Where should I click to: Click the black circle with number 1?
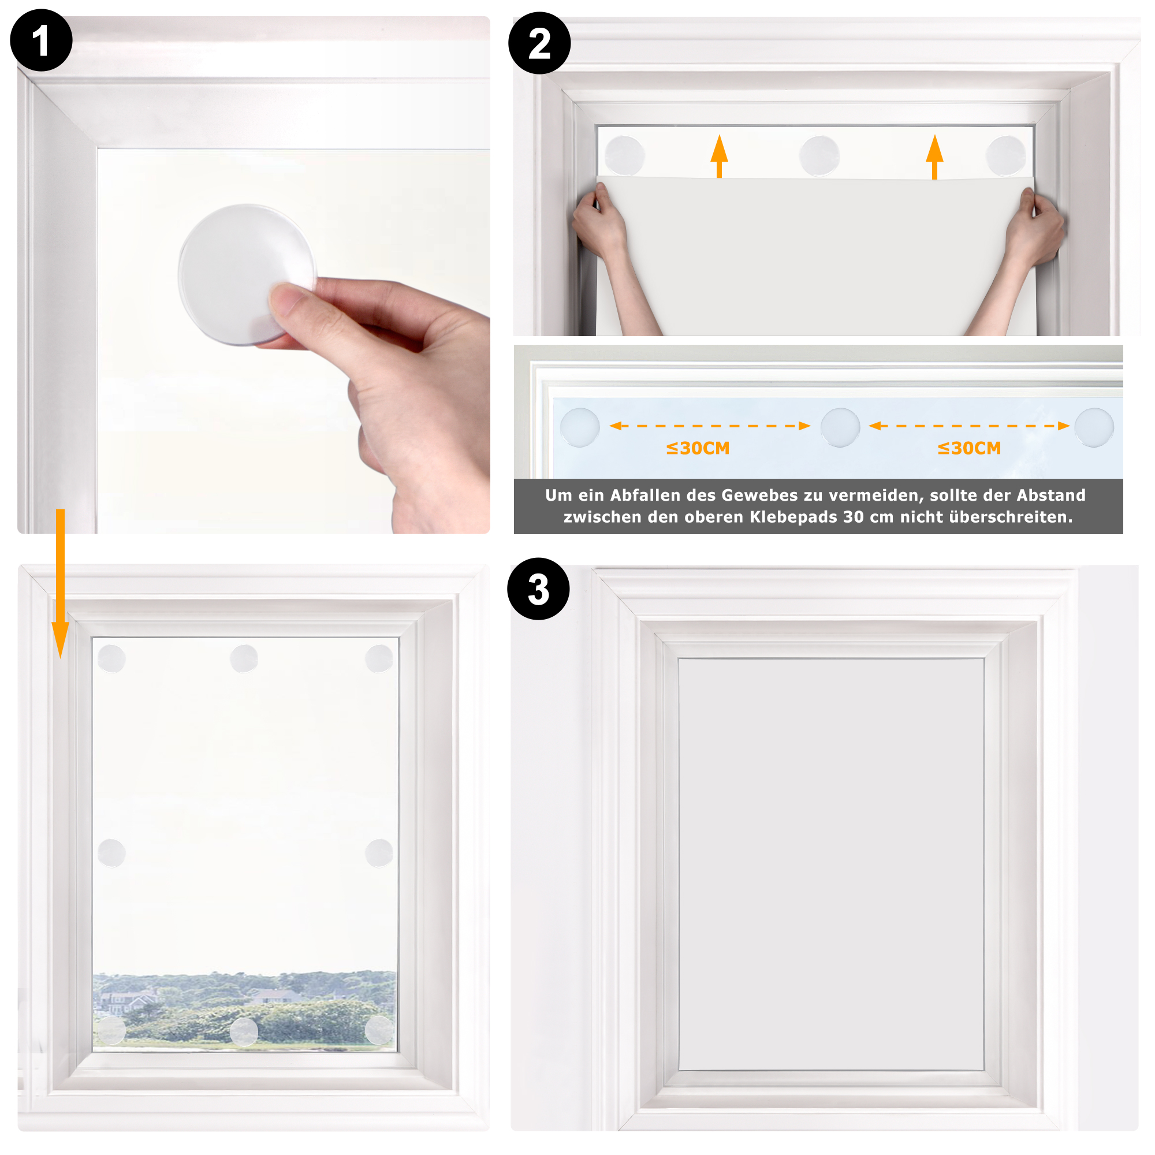[x=41, y=40]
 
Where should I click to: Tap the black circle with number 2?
[x=539, y=43]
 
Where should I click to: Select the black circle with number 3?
[x=538, y=589]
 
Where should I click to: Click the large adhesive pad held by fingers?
[x=247, y=274]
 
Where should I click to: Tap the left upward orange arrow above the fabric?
[x=719, y=156]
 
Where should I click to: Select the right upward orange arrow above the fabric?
[x=934, y=157]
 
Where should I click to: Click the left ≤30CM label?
[x=698, y=448]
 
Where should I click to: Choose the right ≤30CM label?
[x=969, y=448]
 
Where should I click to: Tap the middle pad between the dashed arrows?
[x=840, y=427]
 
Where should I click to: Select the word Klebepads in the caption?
[x=793, y=516]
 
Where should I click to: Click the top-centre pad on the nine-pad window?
[x=244, y=658]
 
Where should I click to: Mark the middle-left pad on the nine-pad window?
[x=111, y=852]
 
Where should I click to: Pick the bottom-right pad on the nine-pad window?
[x=379, y=1030]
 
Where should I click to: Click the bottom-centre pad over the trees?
[x=244, y=1031]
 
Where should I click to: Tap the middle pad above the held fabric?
[x=819, y=155]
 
